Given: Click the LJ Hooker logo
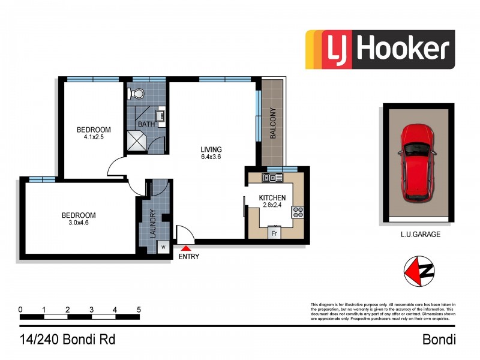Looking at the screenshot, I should pos(380,49).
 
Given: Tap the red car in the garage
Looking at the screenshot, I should pos(415,162).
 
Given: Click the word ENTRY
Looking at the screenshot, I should pos(188,257).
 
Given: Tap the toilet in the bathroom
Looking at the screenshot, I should pos(137,94).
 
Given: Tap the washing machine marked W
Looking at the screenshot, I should pos(162,247).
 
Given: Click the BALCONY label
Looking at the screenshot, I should pos(273,123).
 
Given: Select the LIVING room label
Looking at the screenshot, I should pos(211,150).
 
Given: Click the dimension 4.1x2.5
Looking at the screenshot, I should pos(94,137).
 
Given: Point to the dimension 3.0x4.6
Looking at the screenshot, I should pos(79,223).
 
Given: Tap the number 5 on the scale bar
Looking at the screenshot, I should pos(139,310).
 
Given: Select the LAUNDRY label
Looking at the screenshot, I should pos(152,224).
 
